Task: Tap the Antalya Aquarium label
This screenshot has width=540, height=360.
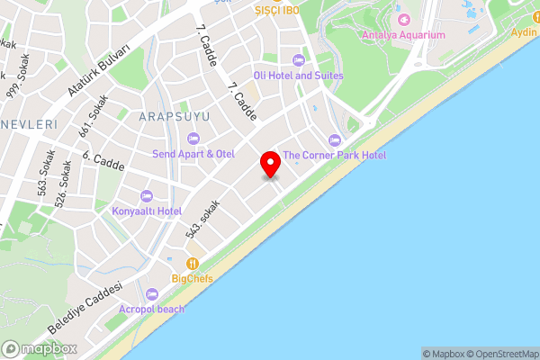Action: point(403,35)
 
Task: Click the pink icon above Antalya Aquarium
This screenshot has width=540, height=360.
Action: point(404,19)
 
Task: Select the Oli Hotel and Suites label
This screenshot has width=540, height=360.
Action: point(298,76)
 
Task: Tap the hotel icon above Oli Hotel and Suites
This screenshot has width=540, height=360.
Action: point(298,59)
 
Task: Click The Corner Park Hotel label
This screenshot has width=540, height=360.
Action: point(335,156)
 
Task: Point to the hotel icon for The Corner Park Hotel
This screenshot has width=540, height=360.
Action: point(335,139)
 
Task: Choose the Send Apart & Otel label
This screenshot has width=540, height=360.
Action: point(193,154)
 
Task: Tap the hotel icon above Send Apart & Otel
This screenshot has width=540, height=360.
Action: point(193,138)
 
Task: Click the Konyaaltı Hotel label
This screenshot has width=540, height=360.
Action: point(147,211)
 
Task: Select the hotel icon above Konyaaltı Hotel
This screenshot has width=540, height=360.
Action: point(147,195)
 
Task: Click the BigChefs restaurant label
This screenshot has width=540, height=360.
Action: point(193,279)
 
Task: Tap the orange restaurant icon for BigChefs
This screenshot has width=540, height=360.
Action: point(193,264)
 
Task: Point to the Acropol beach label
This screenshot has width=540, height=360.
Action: point(151,309)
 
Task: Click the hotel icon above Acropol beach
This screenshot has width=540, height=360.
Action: point(151,293)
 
